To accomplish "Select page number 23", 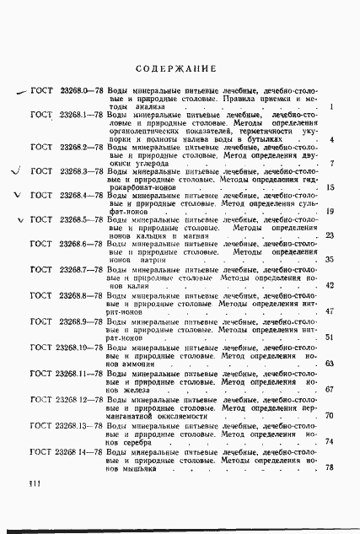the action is pos(330,236).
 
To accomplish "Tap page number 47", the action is pos(330,312).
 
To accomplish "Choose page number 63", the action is pos(330,364).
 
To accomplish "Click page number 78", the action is pos(330,494).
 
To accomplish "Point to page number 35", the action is pos(330,261).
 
